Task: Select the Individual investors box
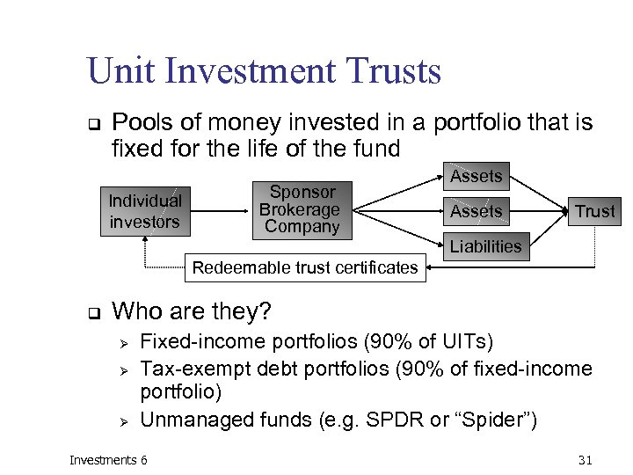144,211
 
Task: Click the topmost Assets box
476,176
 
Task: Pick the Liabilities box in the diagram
485,246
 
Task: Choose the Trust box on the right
595,211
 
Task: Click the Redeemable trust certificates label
305,267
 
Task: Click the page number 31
586,459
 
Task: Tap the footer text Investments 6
109,459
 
